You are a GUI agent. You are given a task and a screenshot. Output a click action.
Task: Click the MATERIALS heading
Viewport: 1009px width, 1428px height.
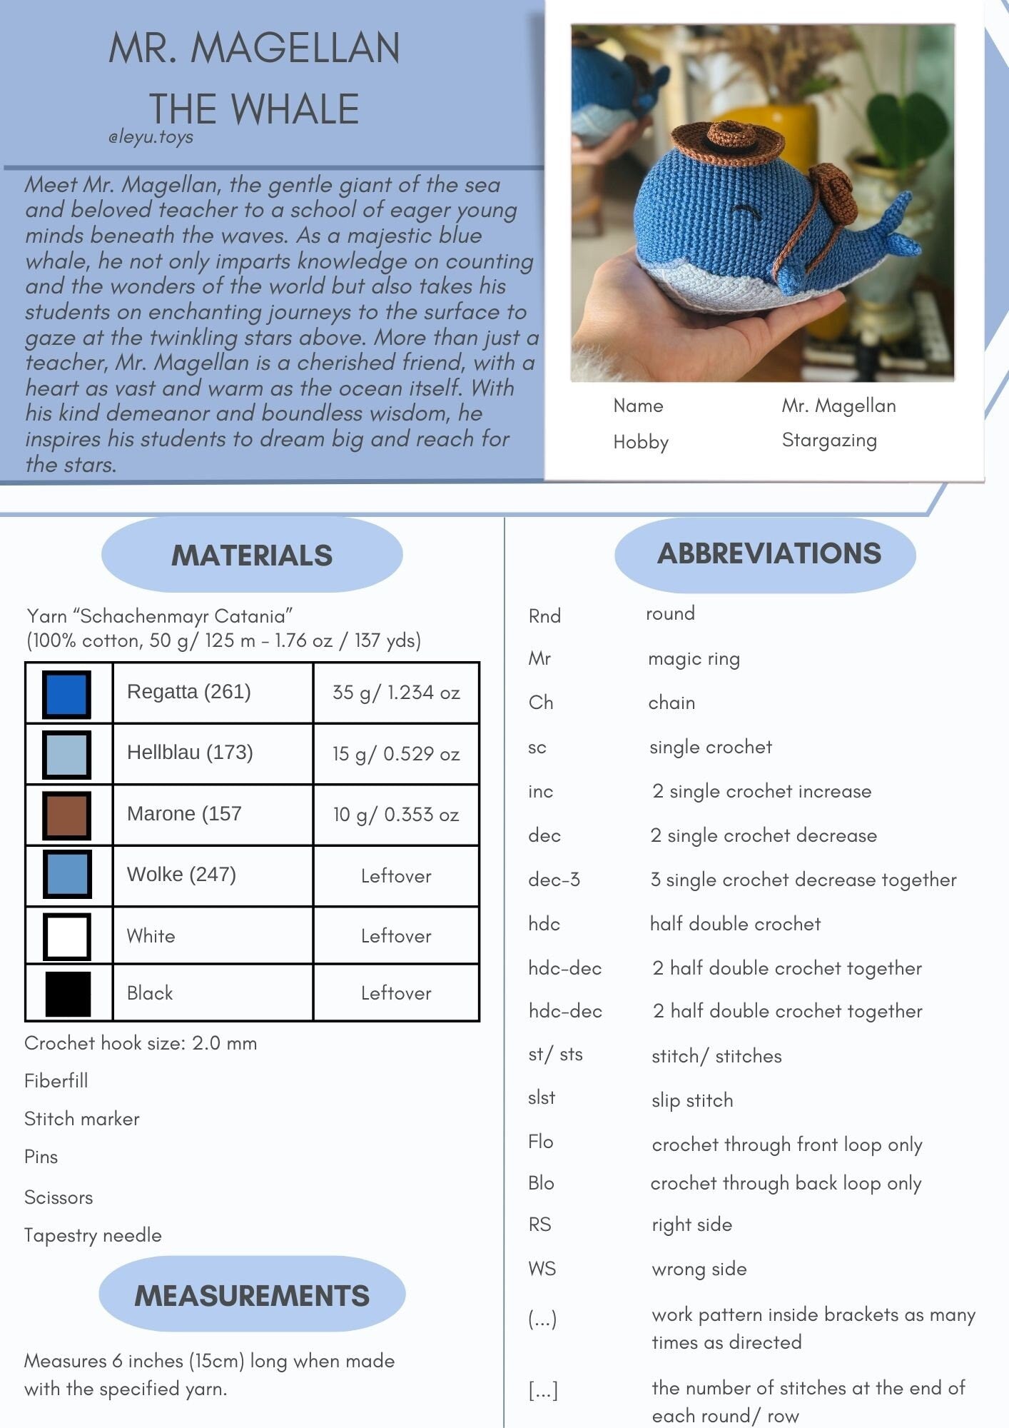(252, 555)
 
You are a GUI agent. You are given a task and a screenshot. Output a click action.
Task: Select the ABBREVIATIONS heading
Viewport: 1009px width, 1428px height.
(769, 554)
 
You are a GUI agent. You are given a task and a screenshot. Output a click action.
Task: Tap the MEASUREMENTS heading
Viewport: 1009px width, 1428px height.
(252, 1296)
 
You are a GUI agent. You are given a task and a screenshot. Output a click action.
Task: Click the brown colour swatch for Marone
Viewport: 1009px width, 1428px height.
(67, 815)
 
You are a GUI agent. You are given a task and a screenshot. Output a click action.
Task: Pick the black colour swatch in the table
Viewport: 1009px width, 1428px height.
(68, 993)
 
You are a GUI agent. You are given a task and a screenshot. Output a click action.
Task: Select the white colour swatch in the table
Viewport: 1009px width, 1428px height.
(67, 936)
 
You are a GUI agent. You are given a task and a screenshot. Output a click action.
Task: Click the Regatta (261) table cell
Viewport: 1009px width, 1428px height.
(189, 692)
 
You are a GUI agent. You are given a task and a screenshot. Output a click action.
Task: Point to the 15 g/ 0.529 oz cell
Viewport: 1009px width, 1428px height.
(396, 754)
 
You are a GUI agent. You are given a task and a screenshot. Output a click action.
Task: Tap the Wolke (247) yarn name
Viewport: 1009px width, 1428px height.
(181, 875)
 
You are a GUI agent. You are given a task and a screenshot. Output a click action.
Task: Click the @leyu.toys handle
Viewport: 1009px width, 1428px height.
(151, 137)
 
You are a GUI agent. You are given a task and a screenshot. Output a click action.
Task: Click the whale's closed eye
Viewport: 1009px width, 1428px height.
(743, 211)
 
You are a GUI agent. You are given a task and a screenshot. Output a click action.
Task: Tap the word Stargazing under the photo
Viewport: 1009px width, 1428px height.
(829, 441)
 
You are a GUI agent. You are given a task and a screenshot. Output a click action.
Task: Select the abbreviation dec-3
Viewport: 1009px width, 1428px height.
(554, 880)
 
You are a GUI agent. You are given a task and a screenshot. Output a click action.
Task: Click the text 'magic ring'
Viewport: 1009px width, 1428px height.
(694, 658)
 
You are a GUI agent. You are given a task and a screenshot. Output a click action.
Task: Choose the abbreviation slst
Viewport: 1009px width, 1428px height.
(542, 1097)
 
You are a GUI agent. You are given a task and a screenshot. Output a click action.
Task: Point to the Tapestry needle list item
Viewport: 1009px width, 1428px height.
(93, 1235)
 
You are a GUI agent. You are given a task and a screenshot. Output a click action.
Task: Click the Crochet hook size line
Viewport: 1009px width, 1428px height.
(141, 1043)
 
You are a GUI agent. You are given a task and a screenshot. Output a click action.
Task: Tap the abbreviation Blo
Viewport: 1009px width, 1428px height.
(541, 1183)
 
